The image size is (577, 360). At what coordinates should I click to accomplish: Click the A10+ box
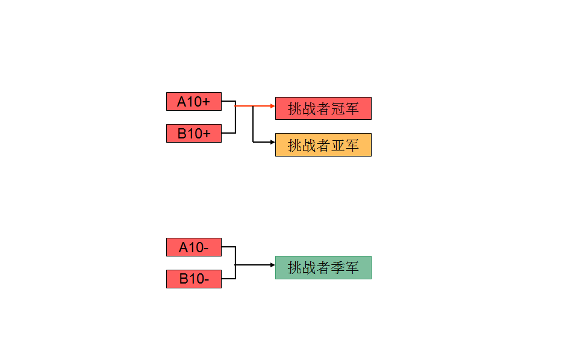(x=193, y=102)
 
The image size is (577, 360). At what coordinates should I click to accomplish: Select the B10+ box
(x=193, y=133)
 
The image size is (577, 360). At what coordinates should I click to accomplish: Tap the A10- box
(x=193, y=247)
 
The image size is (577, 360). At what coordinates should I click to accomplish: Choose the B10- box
(x=193, y=279)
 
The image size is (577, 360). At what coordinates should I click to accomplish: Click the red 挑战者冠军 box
(x=323, y=108)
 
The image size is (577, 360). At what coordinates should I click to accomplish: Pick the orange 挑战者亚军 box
(x=323, y=144)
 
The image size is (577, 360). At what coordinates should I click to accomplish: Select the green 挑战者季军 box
(x=323, y=267)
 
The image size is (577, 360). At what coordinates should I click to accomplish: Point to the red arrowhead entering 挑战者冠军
(x=272, y=106)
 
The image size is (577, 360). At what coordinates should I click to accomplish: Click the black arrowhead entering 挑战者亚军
(x=272, y=142)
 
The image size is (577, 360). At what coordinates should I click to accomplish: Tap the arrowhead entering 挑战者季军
(x=272, y=265)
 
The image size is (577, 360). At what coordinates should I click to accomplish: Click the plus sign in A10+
(x=207, y=102)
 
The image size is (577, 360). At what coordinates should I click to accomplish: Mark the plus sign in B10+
(x=207, y=134)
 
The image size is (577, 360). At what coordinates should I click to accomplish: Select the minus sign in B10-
(x=206, y=279)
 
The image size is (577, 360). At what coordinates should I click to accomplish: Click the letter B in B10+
(x=182, y=134)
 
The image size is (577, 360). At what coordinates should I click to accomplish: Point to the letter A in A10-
(x=183, y=247)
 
